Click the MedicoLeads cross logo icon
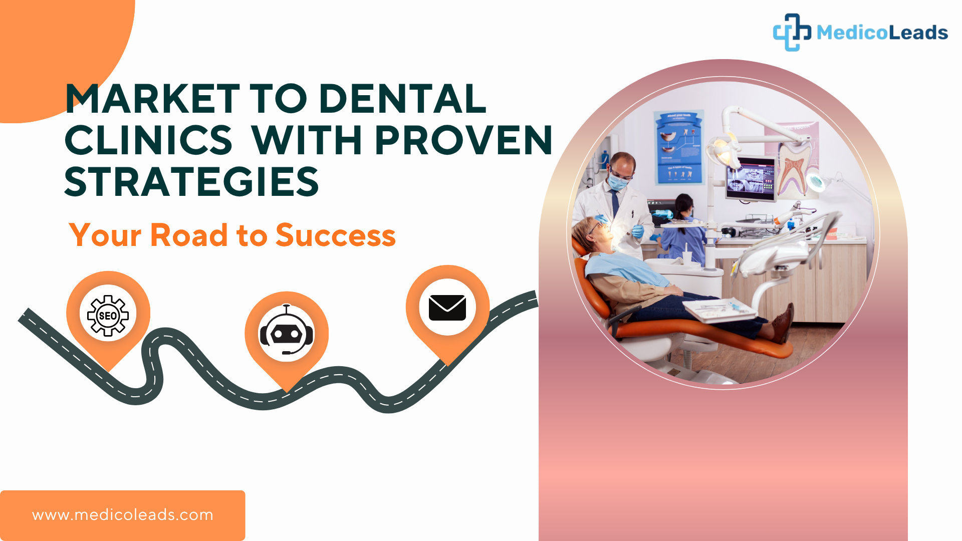coord(792,32)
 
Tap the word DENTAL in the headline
coord(402,99)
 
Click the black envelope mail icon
coord(447,308)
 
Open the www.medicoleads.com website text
coord(123,515)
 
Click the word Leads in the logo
coord(917,33)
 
